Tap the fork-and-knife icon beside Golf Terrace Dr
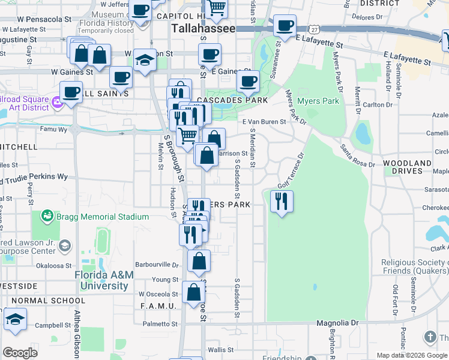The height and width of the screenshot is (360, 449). click(x=282, y=202)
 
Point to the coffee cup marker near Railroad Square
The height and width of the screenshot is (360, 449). click(x=71, y=92)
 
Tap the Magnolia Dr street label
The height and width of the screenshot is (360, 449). click(x=337, y=323)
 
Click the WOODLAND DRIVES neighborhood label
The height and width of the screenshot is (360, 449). click(x=407, y=167)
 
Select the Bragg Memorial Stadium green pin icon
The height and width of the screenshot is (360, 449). click(x=46, y=215)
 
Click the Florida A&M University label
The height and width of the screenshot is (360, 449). click(x=104, y=280)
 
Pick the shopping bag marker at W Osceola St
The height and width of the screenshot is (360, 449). click(x=193, y=293)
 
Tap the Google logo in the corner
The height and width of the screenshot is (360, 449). click(x=20, y=353)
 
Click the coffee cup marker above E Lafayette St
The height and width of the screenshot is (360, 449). click(x=285, y=26)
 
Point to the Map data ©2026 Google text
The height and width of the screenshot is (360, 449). click(x=412, y=355)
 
